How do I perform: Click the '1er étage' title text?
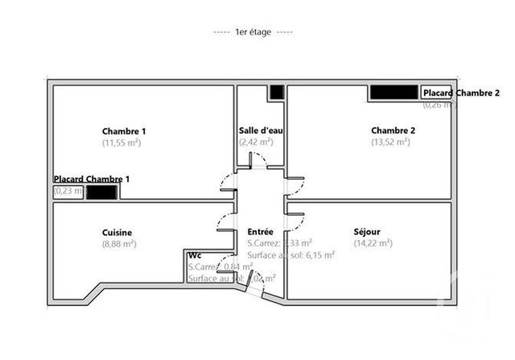(253, 31)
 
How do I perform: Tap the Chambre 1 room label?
(124, 131)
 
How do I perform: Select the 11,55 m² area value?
(122, 143)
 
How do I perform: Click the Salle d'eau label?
(261, 130)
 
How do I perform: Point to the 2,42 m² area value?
(256, 142)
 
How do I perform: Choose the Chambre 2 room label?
(393, 131)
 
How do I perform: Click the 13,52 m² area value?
(390, 143)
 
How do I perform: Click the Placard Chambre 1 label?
(92, 179)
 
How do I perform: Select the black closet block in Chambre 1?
(102, 192)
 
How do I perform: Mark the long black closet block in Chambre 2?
(394, 93)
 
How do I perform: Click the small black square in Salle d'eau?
(276, 92)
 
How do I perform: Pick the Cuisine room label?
(117, 233)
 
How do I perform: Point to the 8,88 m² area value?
(119, 243)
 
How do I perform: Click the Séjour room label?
(367, 232)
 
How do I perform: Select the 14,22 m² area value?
(373, 243)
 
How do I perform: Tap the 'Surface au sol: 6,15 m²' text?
(291, 254)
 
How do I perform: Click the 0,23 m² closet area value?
(68, 192)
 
